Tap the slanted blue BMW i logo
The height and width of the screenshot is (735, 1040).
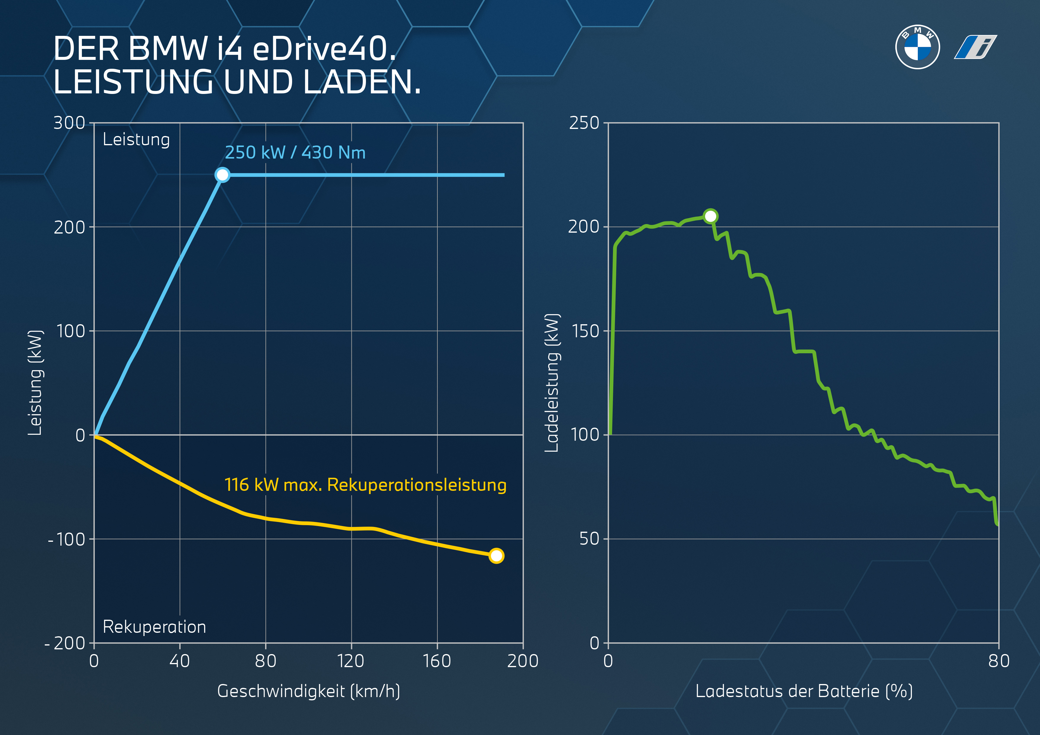(975, 47)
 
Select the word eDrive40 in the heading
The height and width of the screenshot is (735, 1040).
(324, 49)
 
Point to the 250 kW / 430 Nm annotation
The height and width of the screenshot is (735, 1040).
(295, 153)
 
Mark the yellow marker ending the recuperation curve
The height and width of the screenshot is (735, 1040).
(496, 556)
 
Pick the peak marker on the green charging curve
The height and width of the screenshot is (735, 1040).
(710, 216)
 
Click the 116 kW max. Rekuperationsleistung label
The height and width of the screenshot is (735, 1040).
(365, 485)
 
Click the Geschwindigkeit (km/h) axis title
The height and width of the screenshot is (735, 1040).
(308, 691)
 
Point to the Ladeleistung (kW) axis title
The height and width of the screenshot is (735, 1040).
(552, 383)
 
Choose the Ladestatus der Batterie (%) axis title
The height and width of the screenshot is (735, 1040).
(804, 691)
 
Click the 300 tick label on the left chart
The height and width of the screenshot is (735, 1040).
(69, 123)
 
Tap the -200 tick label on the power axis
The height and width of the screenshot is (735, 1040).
(65, 643)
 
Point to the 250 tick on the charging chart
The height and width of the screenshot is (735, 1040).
(584, 123)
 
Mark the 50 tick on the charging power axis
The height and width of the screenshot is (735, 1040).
(589, 539)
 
